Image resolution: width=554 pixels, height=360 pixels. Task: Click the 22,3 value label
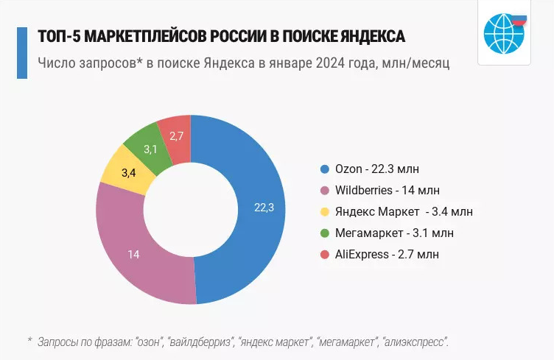[x=264, y=208]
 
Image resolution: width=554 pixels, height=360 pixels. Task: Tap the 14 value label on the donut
[x=133, y=255]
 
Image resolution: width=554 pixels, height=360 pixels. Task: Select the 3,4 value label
[x=128, y=173]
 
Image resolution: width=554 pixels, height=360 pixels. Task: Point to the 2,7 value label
[x=177, y=135]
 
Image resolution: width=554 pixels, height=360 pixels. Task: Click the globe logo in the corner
[x=503, y=33]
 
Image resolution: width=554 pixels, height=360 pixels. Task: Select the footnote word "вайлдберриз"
[x=199, y=342]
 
